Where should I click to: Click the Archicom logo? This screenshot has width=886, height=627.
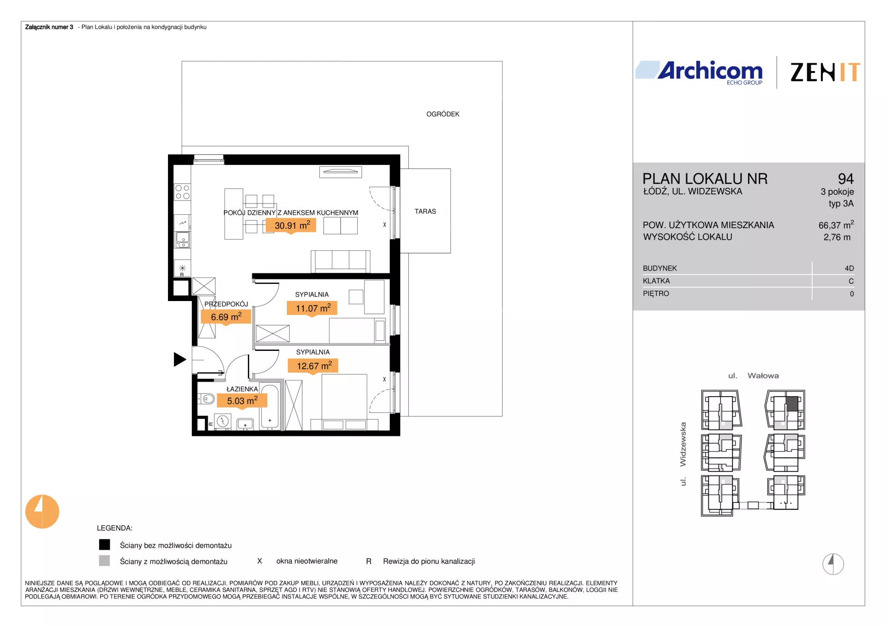tap(699, 72)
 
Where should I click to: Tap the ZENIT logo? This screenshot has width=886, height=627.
tap(825, 72)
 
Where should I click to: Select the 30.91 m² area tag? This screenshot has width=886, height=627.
tap(291, 225)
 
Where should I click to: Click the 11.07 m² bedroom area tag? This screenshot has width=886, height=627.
tap(312, 308)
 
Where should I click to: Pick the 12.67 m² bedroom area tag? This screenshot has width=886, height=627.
tap(313, 366)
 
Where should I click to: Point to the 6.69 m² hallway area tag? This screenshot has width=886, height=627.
tap(226, 317)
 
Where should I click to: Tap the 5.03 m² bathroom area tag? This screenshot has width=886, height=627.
tap(242, 400)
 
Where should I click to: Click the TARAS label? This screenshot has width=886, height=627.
tap(425, 211)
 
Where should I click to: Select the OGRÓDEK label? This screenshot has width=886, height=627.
tap(443, 114)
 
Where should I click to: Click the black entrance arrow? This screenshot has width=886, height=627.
tap(180, 359)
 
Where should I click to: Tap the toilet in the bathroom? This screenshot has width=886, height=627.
tap(207, 398)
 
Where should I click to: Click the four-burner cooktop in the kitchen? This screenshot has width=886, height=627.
tap(182, 192)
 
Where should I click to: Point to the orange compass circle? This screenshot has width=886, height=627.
tap(42, 512)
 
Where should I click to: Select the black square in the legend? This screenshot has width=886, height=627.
tap(105, 545)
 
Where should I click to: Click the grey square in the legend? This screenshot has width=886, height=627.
tap(105, 561)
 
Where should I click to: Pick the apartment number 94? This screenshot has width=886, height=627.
tap(846, 179)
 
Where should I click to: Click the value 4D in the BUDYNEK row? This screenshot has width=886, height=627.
tap(849, 268)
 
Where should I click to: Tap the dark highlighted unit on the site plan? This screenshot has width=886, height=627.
tap(792, 404)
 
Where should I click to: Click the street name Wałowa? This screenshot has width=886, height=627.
tap(763, 376)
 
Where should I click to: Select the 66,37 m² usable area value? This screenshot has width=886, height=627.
tap(836, 225)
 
